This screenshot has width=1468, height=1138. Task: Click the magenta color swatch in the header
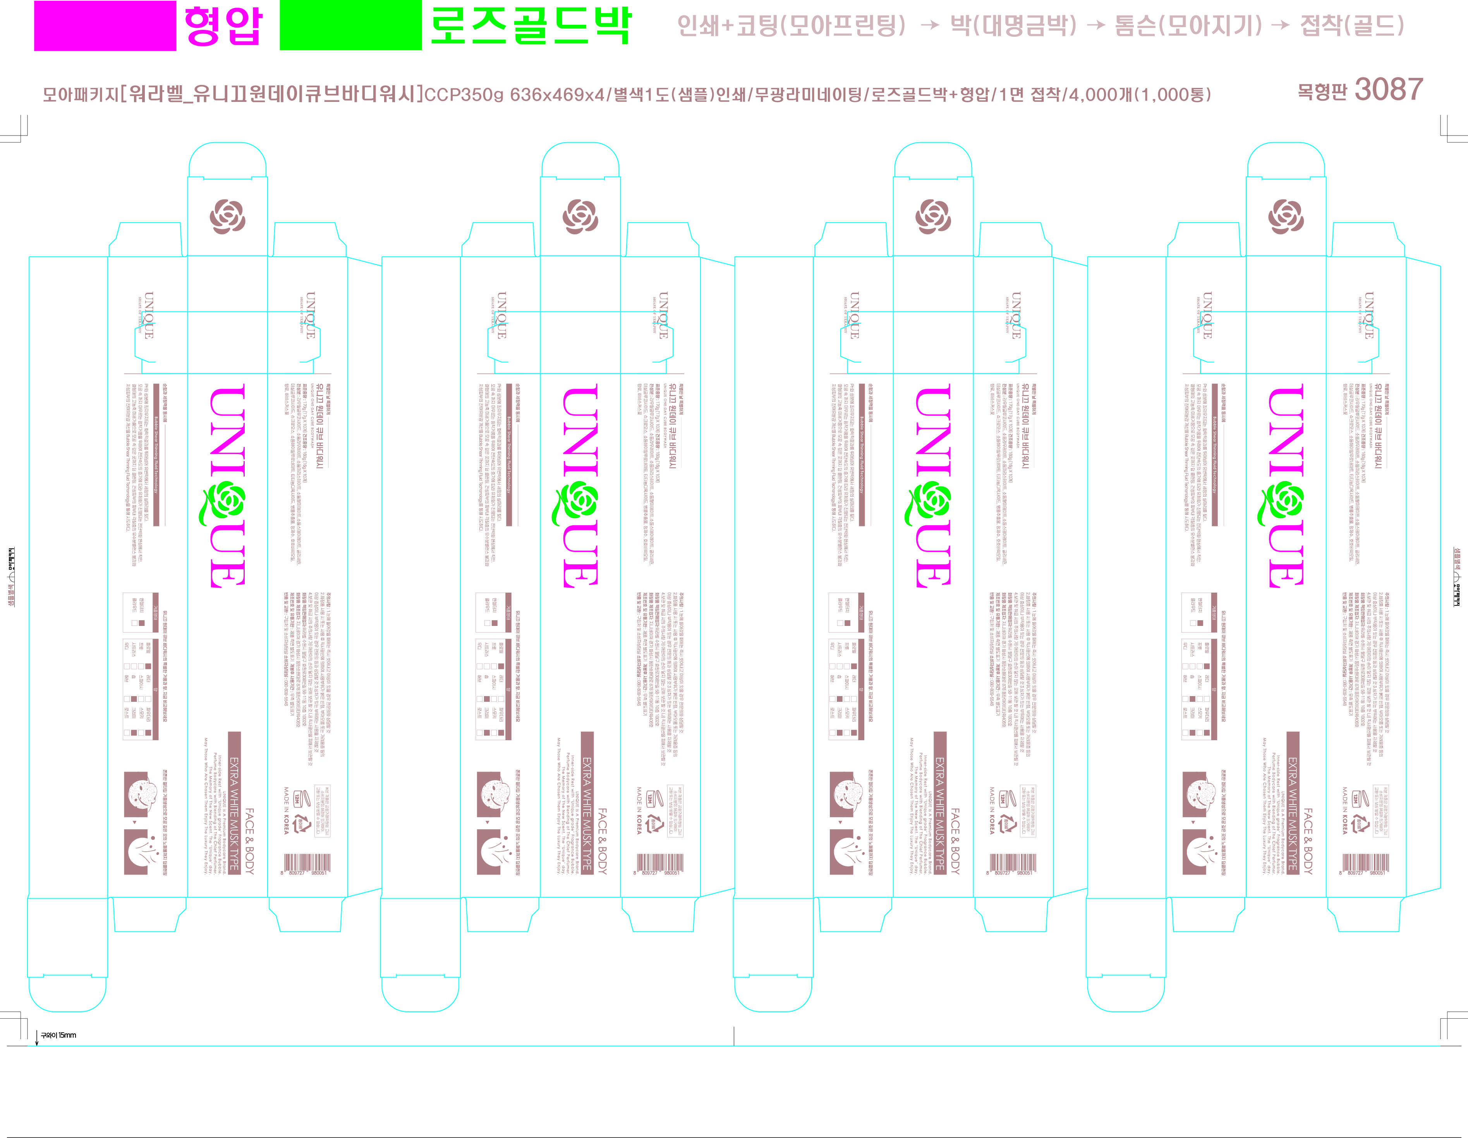pyautogui.click(x=105, y=26)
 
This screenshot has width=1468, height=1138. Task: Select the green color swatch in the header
pyautogui.click(x=350, y=26)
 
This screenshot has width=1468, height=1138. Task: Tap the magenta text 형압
pyautogui.click(x=223, y=26)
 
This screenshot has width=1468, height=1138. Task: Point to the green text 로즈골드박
pyautogui.click(x=530, y=26)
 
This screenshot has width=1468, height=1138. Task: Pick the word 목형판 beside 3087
pyautogui.click(x=1322, y=91)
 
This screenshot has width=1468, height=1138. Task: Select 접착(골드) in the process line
pyautogui.click(x=1352, y=26)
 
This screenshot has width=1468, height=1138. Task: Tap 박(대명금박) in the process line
pyautogui.click(x=1013, y=26)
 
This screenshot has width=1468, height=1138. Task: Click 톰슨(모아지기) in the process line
pyautogui.click(x=1188, y=26)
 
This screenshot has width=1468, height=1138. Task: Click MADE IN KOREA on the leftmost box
pyautogui.click(x=286, y=810)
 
